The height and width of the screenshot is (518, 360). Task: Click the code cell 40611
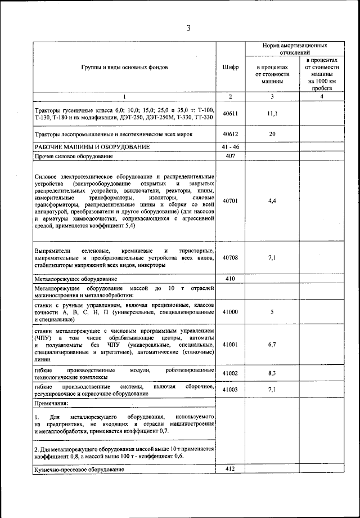230,113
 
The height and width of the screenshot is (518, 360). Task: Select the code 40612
230,135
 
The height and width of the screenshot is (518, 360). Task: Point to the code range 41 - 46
230,147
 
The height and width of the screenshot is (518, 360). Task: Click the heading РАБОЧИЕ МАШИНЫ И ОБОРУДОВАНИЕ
92,147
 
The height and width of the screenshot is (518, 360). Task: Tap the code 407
230,156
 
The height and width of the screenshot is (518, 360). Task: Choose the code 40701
230,200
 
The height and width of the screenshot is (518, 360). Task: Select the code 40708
230,257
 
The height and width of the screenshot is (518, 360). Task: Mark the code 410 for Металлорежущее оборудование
230,279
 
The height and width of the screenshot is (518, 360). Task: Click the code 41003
230,389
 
